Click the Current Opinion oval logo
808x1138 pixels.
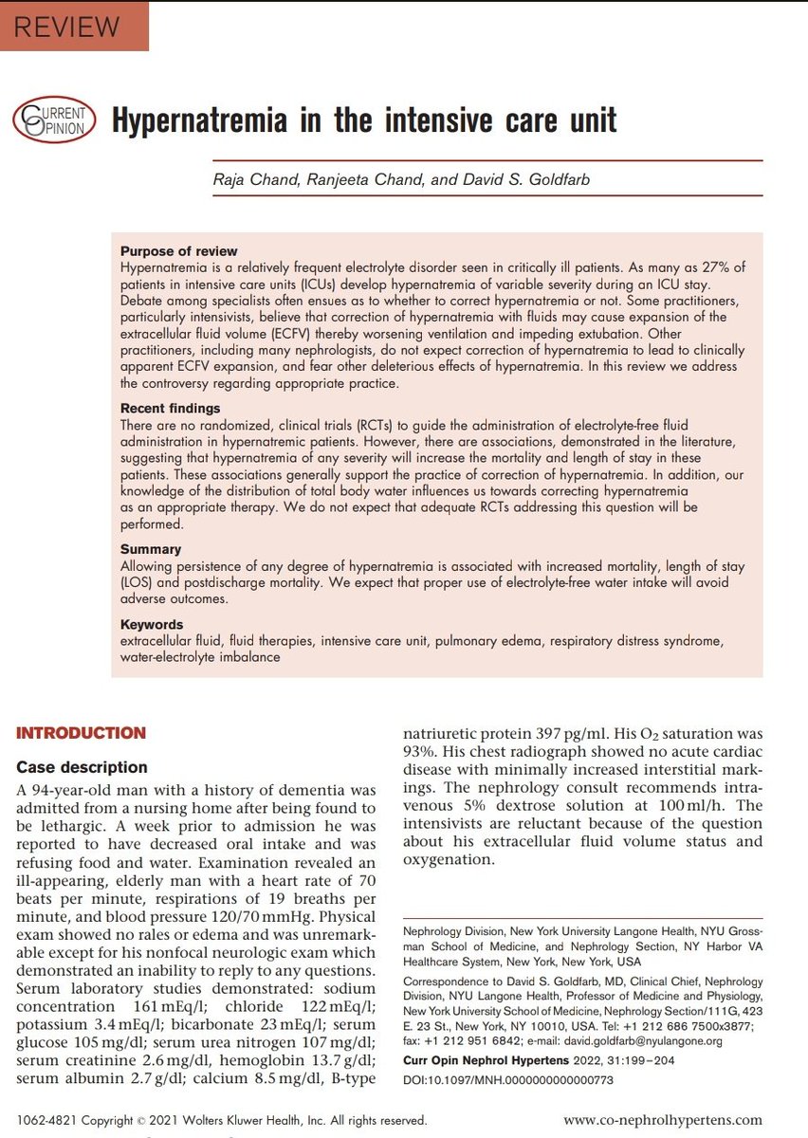coord(54,119)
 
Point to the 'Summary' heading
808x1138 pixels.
coord(151,548)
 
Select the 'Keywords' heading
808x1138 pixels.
coord(152,624)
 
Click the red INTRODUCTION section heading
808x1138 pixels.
coord(82,733)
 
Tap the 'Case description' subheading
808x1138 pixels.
coord(82,766)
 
